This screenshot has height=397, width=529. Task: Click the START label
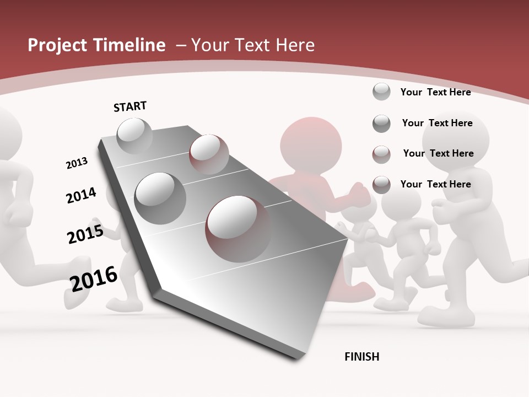[x=130, y=106]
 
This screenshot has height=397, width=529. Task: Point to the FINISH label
[x=362, y=357]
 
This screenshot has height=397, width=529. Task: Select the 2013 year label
[x=77, y=163]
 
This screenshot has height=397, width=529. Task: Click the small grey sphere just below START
[x=134, y=136]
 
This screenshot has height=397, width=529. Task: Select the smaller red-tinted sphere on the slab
[x=209, y=153]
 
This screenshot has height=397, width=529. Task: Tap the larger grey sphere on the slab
[x=160, y=198]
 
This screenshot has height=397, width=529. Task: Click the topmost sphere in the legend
[x=381, y=92]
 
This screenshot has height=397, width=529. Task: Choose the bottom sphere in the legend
[x=381, y=185]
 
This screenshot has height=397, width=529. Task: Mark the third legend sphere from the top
[x=381, y=154]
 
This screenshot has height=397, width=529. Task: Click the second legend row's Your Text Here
[x=437, y=123]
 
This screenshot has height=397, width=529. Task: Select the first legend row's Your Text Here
[x=435, y=92]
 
